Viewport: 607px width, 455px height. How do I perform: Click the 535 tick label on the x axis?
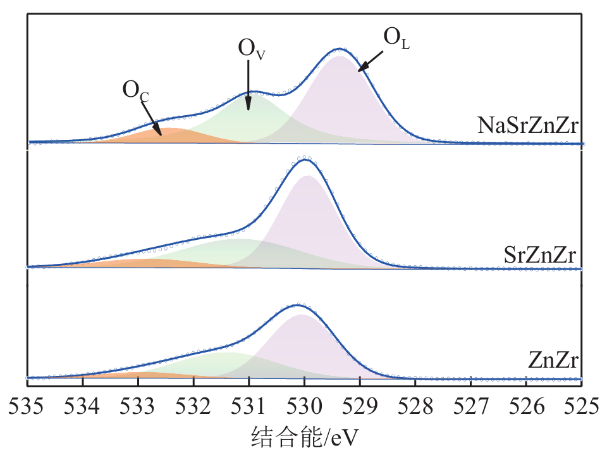tap(28, 405)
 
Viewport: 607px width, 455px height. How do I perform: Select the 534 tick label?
tap(83, 405)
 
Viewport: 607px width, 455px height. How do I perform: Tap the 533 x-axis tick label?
tap(138, 405)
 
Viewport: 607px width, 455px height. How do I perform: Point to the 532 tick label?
tap(193, 405)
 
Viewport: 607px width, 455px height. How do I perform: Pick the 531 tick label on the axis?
tap(249, 405)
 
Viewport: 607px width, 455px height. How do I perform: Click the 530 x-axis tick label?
tap(305, 405)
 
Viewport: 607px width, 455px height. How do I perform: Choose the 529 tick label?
tap(360, 405)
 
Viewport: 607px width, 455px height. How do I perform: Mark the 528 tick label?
tap(415, 405)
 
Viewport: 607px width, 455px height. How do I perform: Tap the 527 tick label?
tap(471, 405)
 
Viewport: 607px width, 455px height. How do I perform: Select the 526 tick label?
tap(526, 405)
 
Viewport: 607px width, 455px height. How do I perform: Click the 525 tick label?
tap(580, 405)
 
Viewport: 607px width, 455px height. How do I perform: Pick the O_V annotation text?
tap(251, 49)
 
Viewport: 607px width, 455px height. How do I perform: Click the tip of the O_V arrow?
tap(249, 110)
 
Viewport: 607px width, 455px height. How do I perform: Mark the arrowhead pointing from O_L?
tap(359, 70)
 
